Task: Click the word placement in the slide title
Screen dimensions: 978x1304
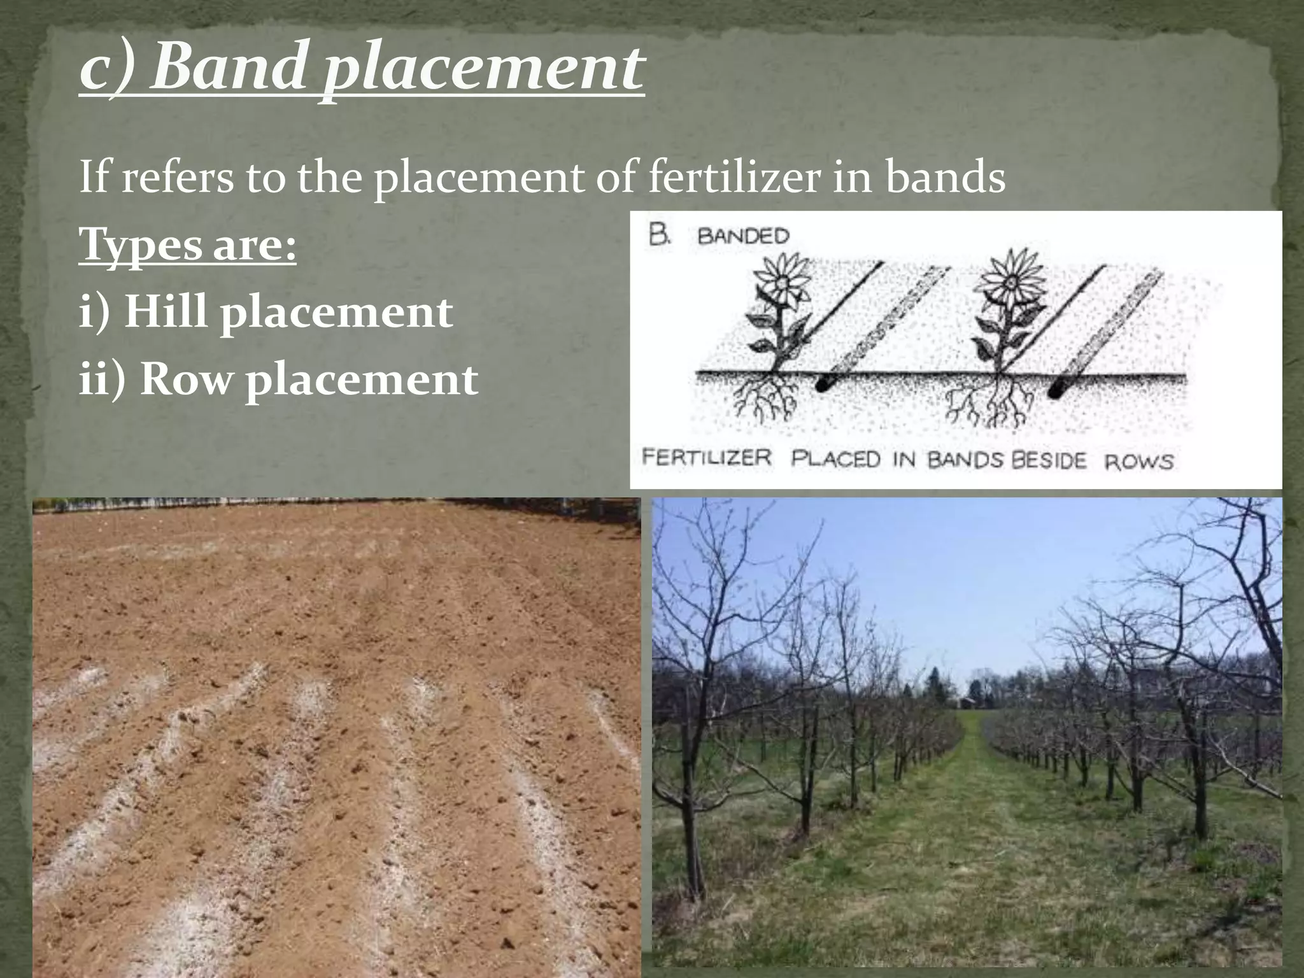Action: [482, 70]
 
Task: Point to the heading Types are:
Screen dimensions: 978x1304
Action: [188, 246]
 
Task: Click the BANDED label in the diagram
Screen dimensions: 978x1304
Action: [743, 236]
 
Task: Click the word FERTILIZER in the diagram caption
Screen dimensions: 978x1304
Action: [707, 458]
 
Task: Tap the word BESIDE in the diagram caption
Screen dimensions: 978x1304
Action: [1048, 460]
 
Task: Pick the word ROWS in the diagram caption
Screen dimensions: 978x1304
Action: [1139, 461]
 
